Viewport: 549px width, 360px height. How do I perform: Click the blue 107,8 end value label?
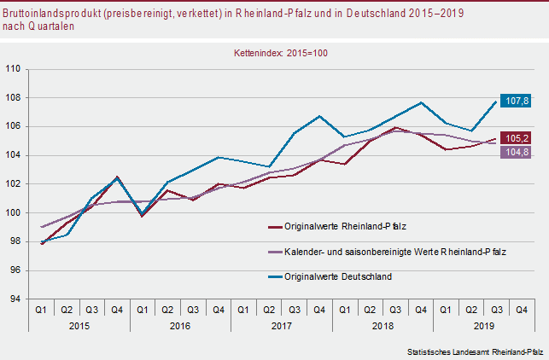tap(515, 101)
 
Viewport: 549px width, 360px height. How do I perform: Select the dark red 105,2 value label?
tap(515, 138)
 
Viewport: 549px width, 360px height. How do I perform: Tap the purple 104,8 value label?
tap(515, 153)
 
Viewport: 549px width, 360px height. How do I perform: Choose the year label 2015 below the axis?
tap(79, 325)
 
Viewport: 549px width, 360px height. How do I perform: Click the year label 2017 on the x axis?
tap(281, 325)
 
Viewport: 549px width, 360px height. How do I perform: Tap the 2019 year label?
tap(482, 325)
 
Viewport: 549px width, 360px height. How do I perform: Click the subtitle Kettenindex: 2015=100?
tap(281, 53)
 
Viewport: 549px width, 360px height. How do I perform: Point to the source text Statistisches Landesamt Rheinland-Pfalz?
tap(475, 351)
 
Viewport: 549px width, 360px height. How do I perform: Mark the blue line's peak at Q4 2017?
tap(318, 116)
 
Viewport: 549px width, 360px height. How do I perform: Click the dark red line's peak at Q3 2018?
tap(395, 127)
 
